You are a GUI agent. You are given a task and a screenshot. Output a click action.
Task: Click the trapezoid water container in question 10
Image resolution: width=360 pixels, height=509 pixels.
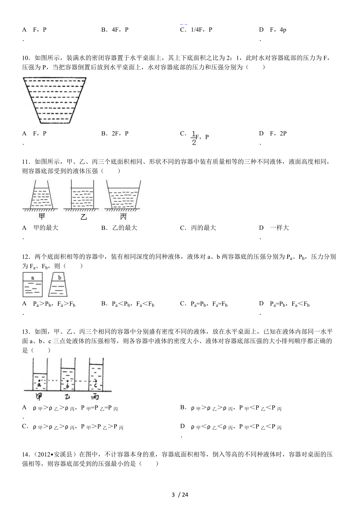tap(54, 100)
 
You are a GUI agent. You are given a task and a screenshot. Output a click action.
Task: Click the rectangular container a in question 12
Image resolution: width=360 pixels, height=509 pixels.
tap(33, 284)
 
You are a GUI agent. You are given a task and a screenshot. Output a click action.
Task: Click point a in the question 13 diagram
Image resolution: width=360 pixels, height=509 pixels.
tap(39, 381)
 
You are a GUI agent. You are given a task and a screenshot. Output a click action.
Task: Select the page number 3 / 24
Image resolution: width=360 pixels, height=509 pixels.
tap(180, 495)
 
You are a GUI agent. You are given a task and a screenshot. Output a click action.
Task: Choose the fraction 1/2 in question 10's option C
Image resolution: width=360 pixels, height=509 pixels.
tap(193, 138)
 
